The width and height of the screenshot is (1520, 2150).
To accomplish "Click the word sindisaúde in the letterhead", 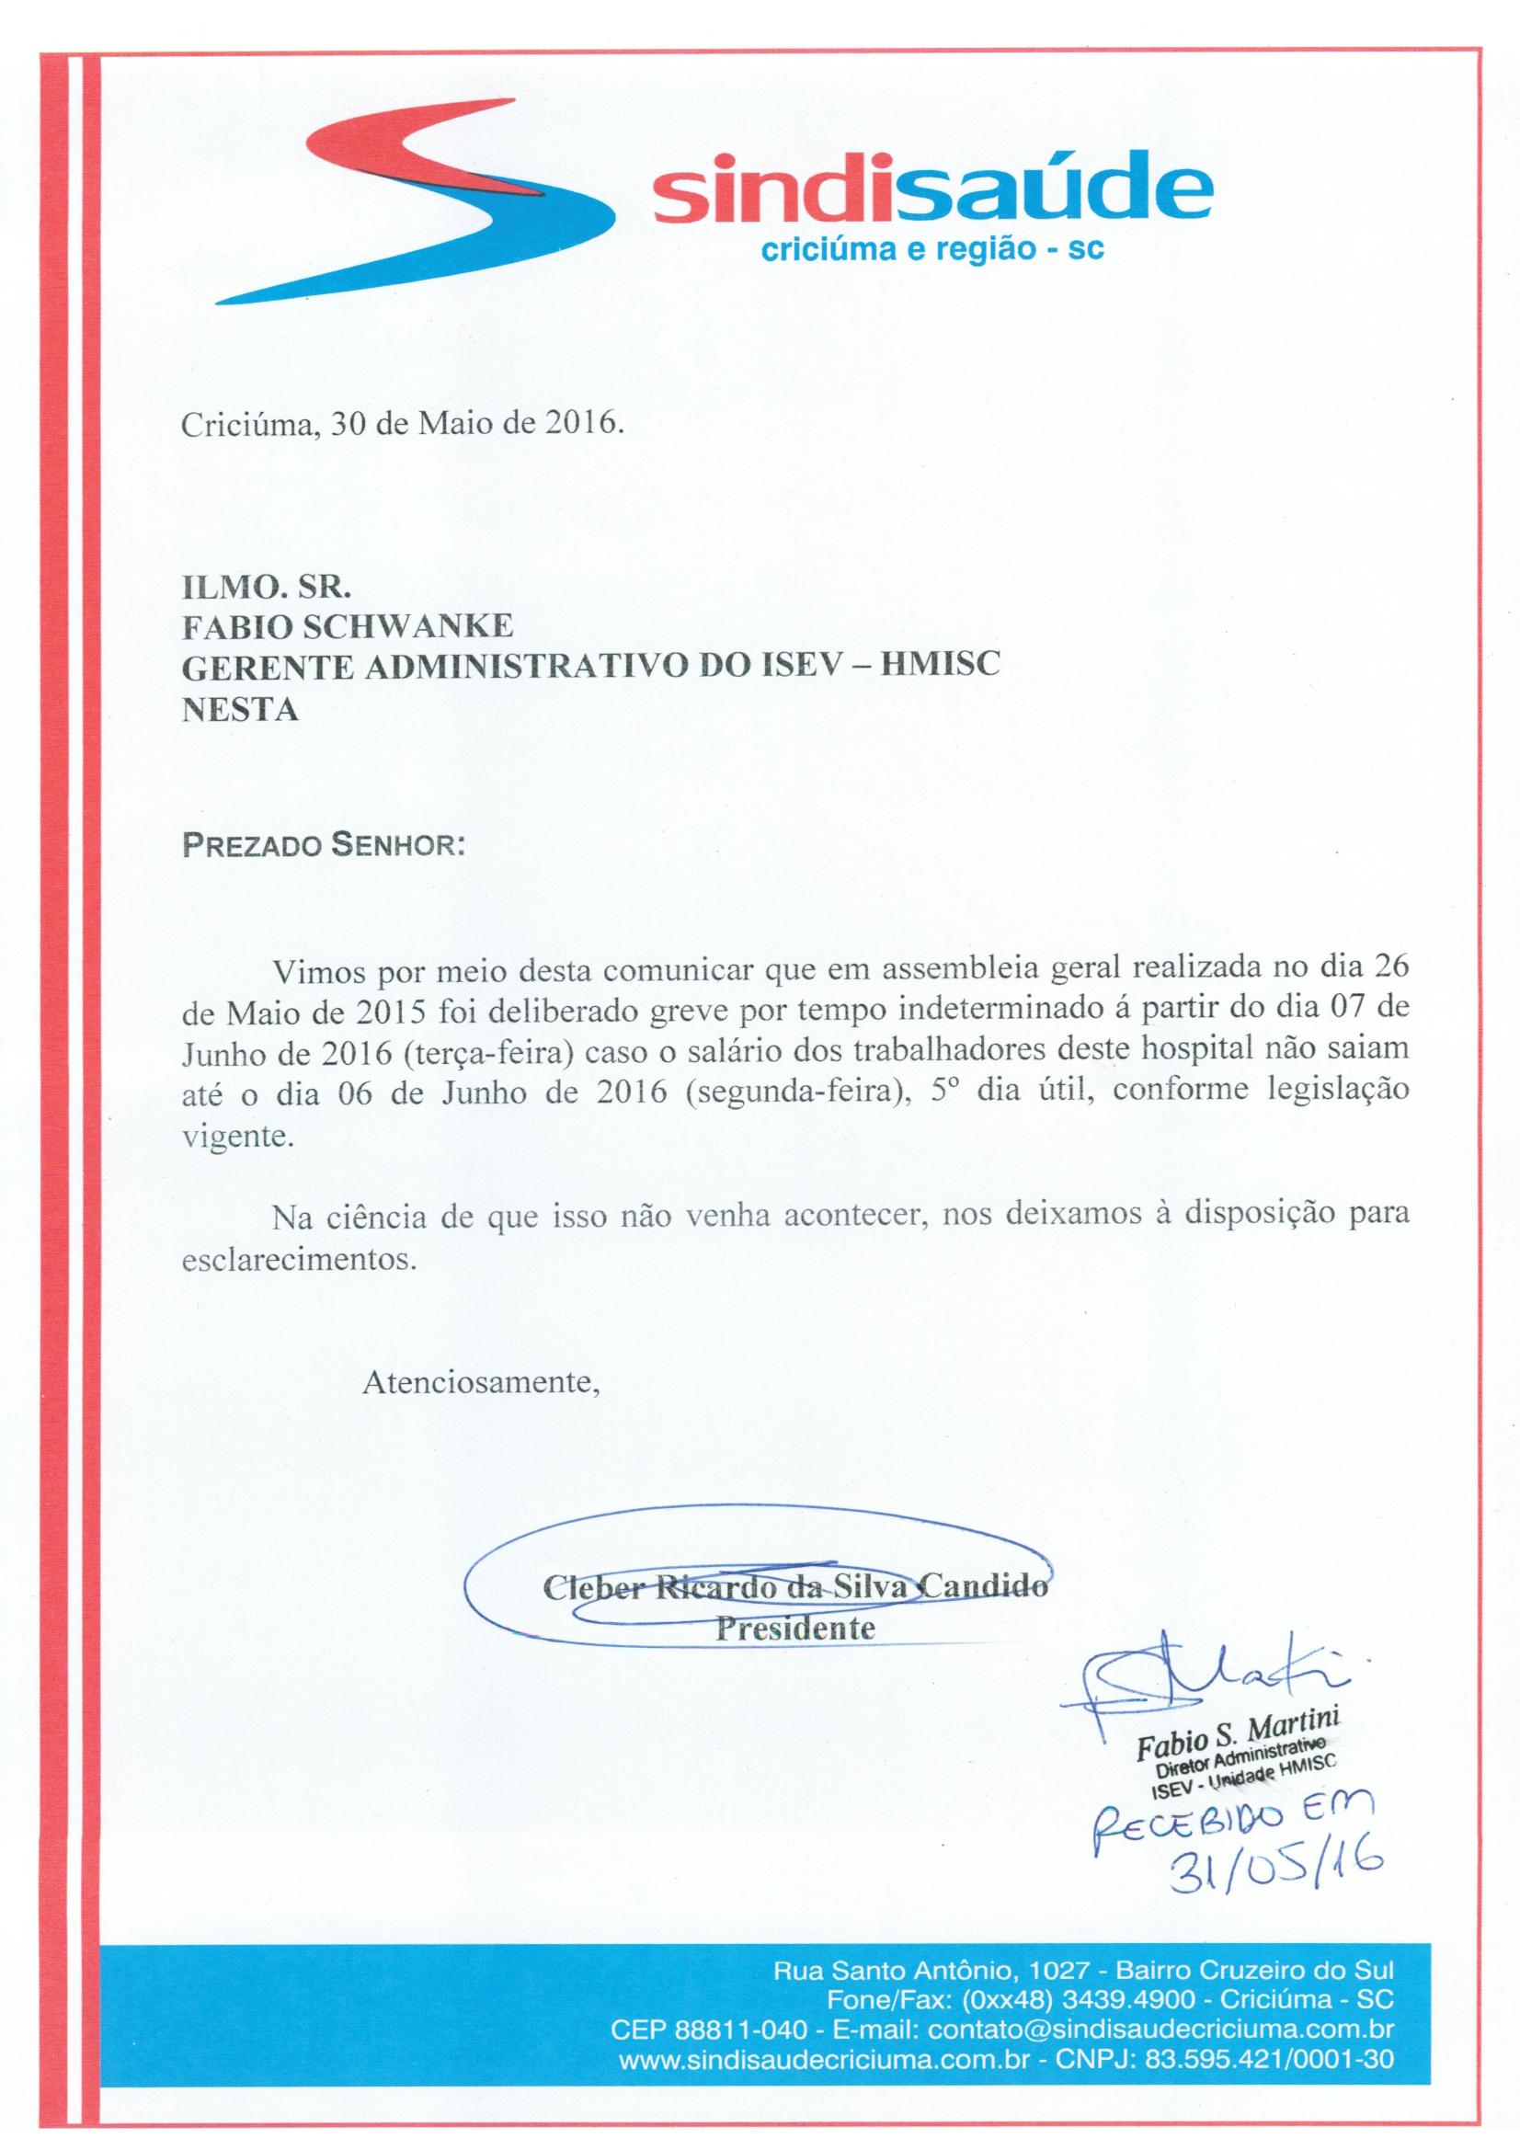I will tap(931, 192).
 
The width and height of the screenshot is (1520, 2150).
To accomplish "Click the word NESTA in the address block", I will tap(240, 710).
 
